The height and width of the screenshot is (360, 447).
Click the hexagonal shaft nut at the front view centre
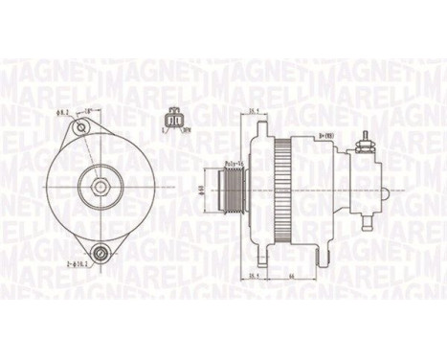tap(99, 183)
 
